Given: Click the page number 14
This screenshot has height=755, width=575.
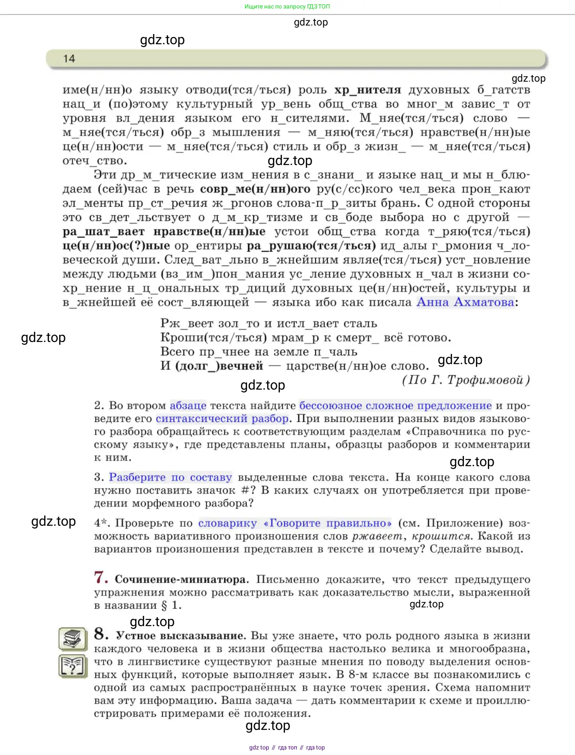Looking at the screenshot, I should pyautogui.click(x=69, y=59).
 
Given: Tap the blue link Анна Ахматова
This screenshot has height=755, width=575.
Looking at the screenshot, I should pyautogui.click(x=465, y=302).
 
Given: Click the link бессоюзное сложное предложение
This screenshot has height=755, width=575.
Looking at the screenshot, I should pyautogui.click(x=395, y=405).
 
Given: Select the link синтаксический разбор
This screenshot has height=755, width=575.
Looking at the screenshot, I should pyautogui.click(x=222, y=419).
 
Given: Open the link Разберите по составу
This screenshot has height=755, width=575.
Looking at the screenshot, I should pyautogui.click(x=170, y=477).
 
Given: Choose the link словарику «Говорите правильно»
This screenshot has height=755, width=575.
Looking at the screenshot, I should pyautogui.click(x=295, y=523).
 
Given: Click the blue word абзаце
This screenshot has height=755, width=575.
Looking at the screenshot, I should pyautogui.click(x=188, y=405).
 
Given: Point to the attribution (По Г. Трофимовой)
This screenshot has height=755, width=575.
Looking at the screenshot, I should pyautogui.click(x=466, y=380).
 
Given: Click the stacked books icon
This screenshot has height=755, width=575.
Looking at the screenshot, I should pyautogui.click(x=73, y=638).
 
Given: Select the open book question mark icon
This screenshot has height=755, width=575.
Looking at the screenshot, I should pyautogui.click(x=73, y=666).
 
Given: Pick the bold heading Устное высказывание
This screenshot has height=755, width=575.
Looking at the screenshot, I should pyautogui.click(x=181, y=636).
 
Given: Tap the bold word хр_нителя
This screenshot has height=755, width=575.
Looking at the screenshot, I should pyautogui.click(x=367, y=90).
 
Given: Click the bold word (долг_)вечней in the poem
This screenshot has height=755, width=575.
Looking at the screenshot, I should pyautogui.click(x=219, y=366).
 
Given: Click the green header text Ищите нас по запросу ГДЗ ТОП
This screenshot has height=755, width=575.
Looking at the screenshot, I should pyautogui.click(x=287, y=6).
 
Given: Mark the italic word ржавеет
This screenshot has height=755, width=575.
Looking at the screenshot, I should pyautogui.click(x=377, y=536).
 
